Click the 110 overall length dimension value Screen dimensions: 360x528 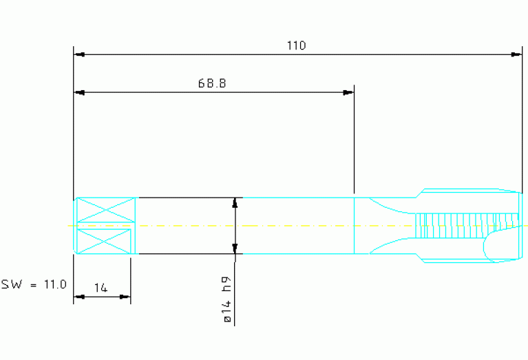(x=296, y=45)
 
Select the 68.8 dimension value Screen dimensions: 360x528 (x=212, y=83)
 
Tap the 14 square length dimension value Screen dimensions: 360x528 (x=101, y=288)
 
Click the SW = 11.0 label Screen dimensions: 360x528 (x=33, y=283)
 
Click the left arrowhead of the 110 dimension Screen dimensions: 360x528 (x=79, y=54)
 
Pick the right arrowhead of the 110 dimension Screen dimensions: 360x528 (x=517, y=54)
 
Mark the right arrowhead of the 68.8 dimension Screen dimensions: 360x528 (x=348, y=92)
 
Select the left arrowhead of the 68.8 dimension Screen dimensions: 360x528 (x=79, y=92)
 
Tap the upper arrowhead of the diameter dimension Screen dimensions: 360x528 (x=235, y=202)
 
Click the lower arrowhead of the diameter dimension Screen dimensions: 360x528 (x=235, y=248)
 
